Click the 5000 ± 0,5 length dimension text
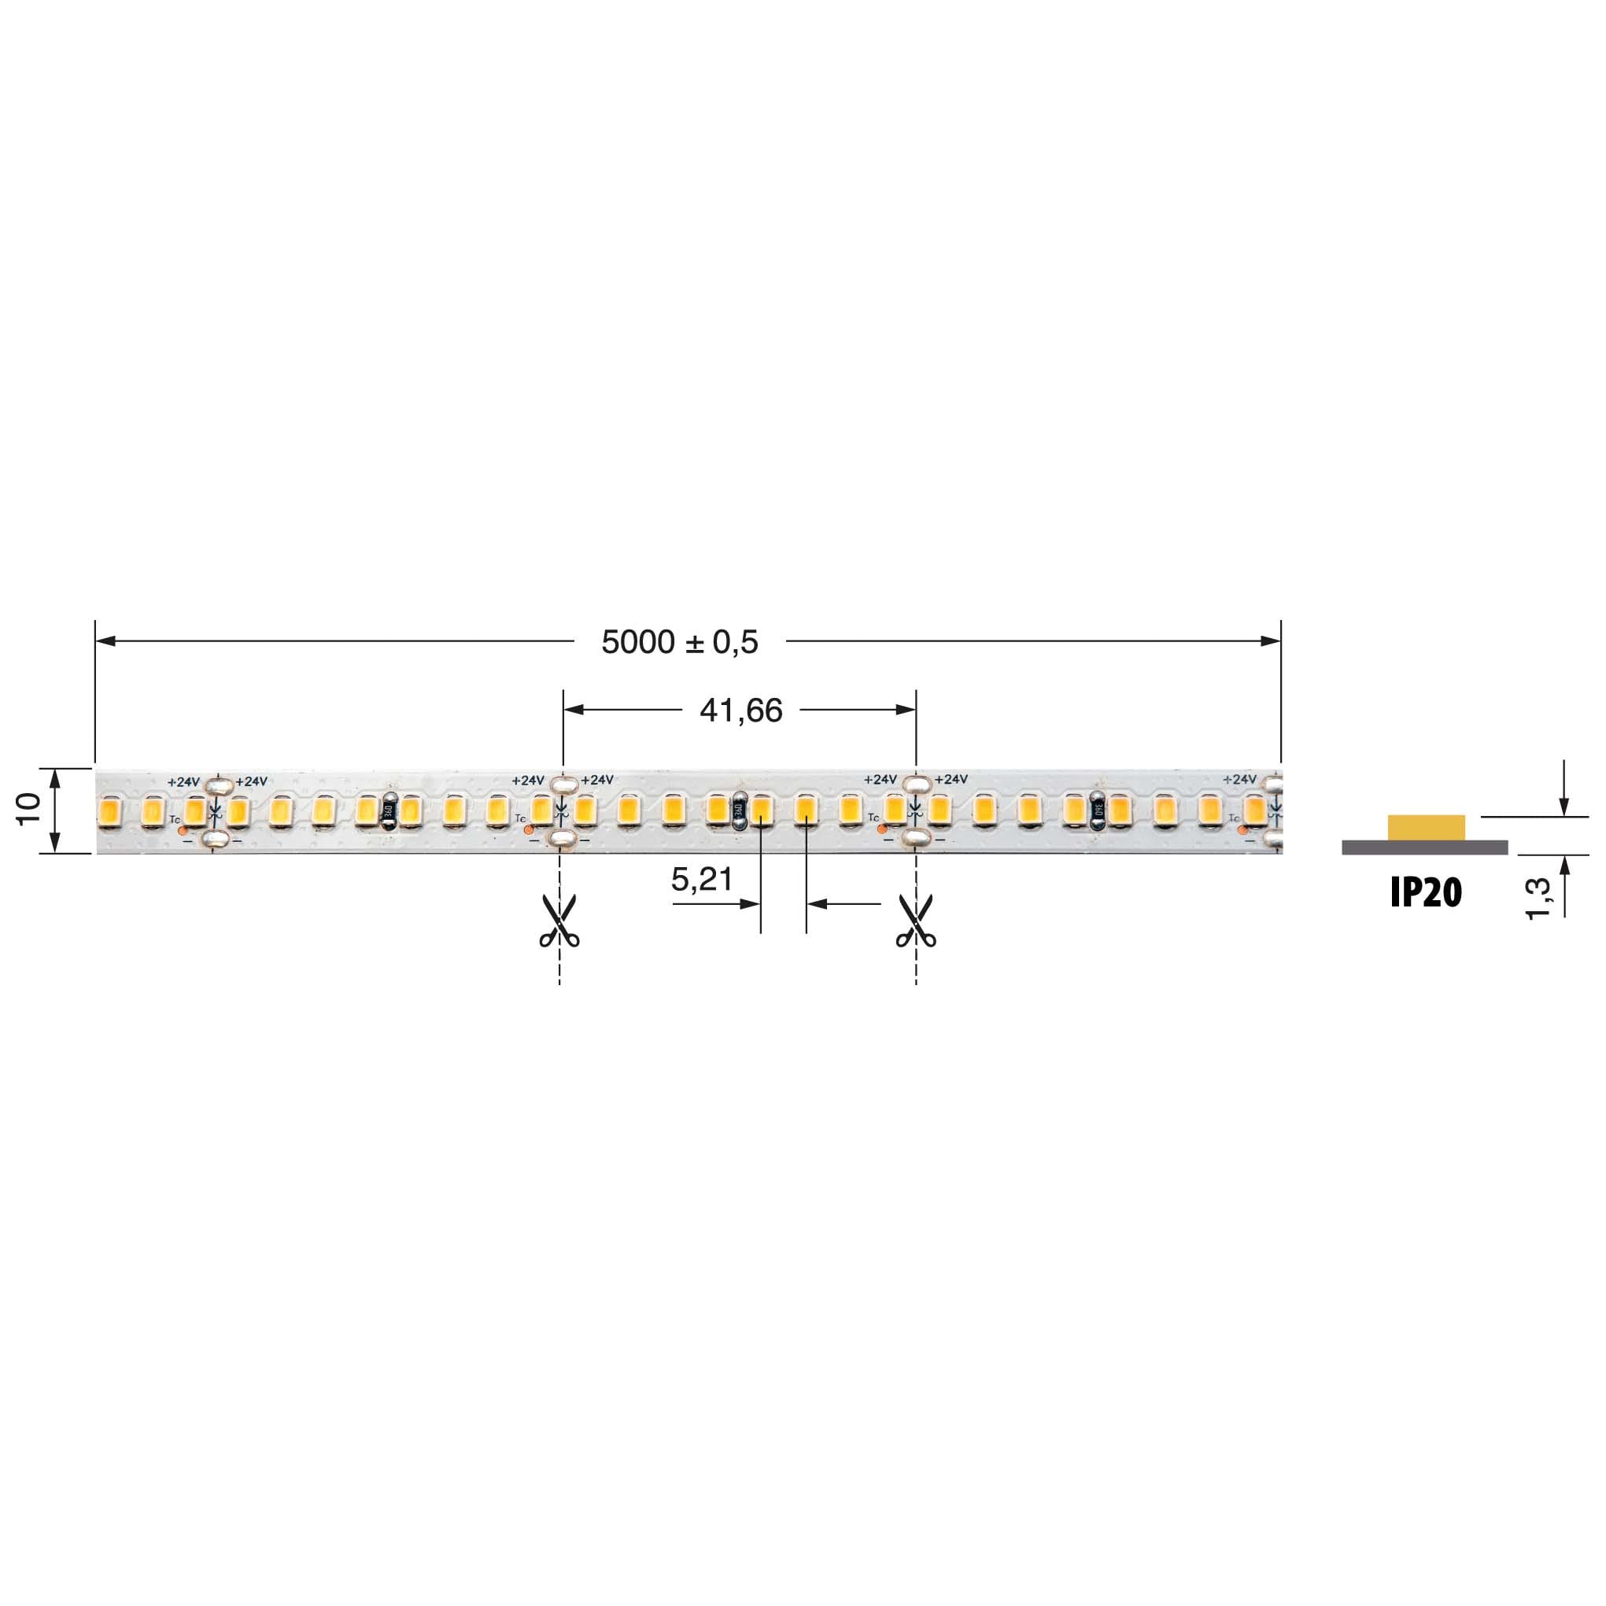pyautogui.click(x=679, y=642)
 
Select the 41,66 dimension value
pyautogui.click(x=740, y=711)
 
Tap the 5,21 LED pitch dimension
pyautogui.click(x=702, y=879)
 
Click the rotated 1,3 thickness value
pyautogui.click(x=1538, y=899)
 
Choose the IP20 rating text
pyautogui.click(x=1426, y=893)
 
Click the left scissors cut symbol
pyautogui.click(x=559, y=921)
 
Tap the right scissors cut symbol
pyautogui.click(x=916, y=921)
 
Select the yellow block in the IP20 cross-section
pyautogui.click(x=1426, y=827)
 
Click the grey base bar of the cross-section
pyautogui.click(x=1424, y=847)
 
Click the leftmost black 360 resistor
pyautogui.click(x=388, y=812)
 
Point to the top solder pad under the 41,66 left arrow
pyautogui.click(x=563, y=783)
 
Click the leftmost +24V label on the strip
pyautogui.click(x=183, y=782)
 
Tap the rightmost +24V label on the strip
pyautogui.click(x=1239, y=780)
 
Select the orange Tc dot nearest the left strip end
pyautogui.click(x=183, y=830)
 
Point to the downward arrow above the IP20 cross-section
pyautogui.click(x=1564, y=806)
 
